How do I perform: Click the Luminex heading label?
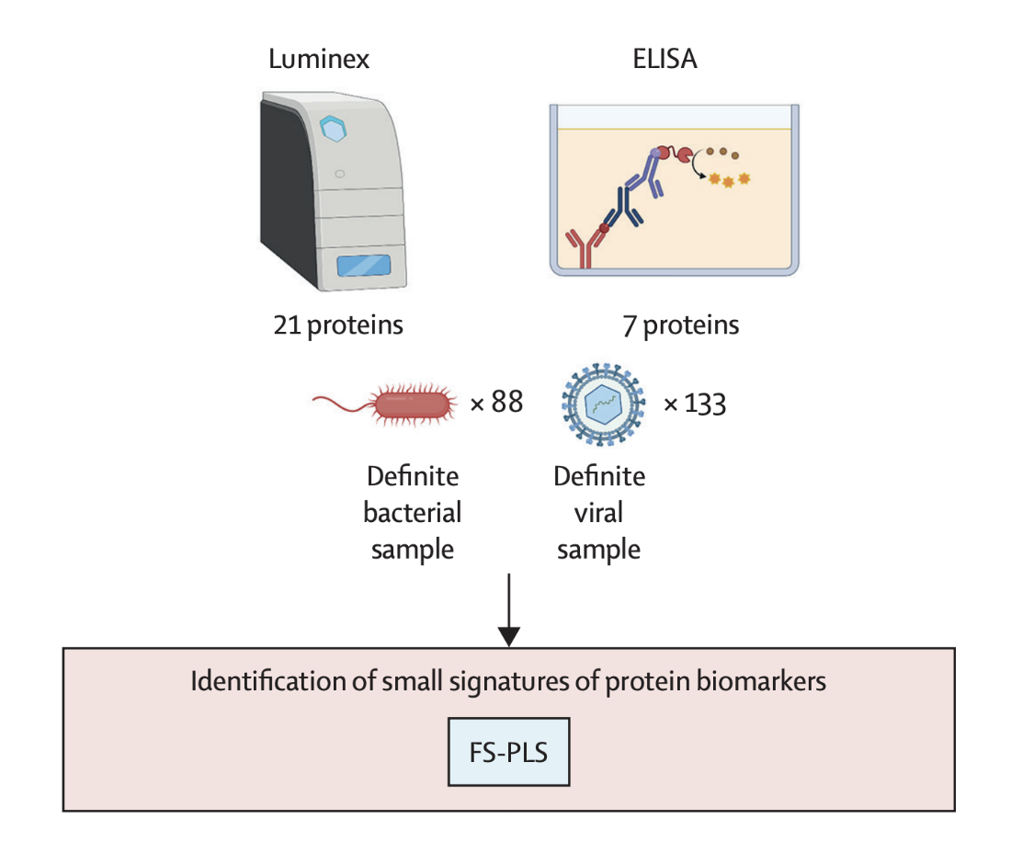319,59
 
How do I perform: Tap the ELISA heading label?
665,59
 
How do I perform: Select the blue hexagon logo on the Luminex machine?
334,129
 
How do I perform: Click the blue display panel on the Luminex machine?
364,266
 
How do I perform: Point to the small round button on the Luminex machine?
340,174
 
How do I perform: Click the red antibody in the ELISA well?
585,245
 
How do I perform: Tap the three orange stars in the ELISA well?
729,179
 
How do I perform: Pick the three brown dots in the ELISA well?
722,153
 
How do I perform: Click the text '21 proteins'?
338,324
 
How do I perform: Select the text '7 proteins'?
681,324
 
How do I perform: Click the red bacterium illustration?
385,404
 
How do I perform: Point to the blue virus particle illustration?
603,404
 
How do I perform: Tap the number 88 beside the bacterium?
506,402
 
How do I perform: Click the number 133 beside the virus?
705,404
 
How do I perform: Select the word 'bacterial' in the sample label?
413,513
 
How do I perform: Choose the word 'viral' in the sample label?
599,513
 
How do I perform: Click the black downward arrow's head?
509,636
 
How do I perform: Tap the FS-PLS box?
509,752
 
